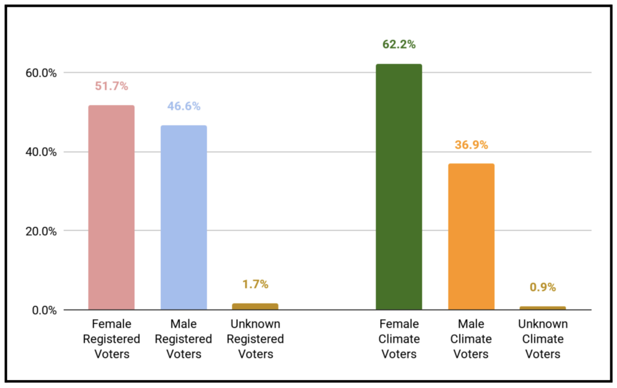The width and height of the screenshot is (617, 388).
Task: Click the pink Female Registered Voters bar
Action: (111, 208)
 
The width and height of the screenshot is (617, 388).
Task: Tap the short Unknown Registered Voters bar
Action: (255, 307)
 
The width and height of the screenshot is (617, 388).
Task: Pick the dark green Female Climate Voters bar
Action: (399, 187)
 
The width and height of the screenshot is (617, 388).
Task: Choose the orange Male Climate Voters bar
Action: (471, 237)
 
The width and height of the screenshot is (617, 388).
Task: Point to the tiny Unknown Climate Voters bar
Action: (543, 308)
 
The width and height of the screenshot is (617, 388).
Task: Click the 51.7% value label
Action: (111, 86)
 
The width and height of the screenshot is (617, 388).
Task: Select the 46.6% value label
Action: (184, 106)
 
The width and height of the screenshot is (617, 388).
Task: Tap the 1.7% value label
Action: (255, 284)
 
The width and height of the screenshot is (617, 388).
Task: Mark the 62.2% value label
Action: (399, 45)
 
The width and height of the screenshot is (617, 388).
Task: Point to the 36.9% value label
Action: (471, 145)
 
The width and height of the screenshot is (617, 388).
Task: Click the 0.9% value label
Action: (543, 287)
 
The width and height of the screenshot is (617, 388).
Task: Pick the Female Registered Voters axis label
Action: (111, 339)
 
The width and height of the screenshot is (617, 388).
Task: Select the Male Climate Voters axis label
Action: (471, 339)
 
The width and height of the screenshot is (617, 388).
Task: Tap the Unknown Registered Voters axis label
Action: (255, 339)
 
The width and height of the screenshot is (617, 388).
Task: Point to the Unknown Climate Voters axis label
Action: (543, 339)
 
